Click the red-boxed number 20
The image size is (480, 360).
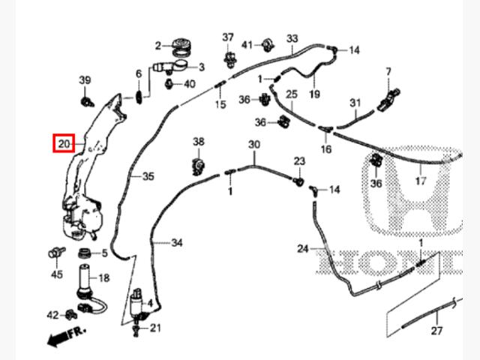click(x=63, y=142)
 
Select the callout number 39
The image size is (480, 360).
click(x=85, y=80)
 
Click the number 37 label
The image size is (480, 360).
click(x=228, y=37)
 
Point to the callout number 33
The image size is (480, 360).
click(x=292, y=38)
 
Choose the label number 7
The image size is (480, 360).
click(x=388, y=71)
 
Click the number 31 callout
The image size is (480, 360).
click(x=355, y=102)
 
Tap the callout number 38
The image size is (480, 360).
click(x=198, y=141)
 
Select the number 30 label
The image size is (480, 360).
click(x=253, y=144)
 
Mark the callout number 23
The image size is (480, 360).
click(x=299, y=161)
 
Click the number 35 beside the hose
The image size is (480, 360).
click(x=148, y=176)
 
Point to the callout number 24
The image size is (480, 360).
click(x=302, y=248)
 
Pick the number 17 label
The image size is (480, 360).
click(x=421, y=180)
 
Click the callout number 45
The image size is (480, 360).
click(x=57, y=274)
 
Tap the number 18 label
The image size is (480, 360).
click(x=103, y=277)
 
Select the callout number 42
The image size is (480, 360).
click(x=52, y=314)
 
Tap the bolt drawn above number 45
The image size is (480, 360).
click(x=55, y=251)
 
